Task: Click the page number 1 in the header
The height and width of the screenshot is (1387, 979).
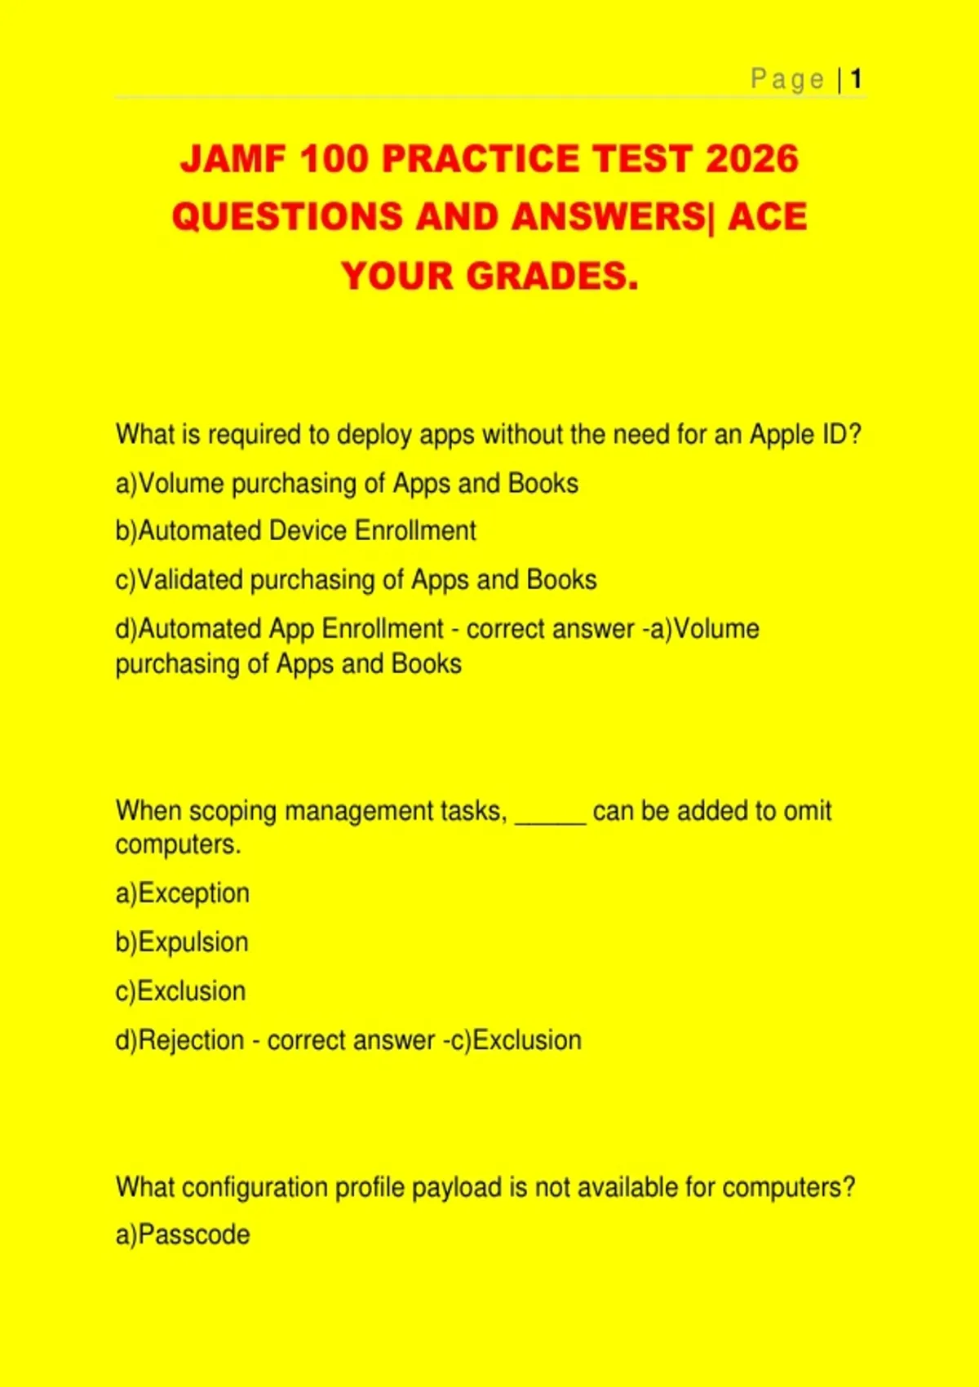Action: [856, 79]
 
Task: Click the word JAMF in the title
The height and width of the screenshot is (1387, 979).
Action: [233, 159]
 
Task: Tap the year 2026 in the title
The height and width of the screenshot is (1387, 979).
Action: [751, 159]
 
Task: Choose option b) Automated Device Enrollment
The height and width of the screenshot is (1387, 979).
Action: [295, 531]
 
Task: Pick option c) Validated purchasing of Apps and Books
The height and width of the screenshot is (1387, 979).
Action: [356, 580]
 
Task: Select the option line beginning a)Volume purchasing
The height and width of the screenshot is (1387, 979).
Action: [347, 483]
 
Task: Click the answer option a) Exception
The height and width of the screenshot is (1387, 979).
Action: [183, 893]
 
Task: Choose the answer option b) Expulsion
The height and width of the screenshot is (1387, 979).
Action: [182, 942]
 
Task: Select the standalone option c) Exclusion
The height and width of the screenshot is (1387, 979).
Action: [180, 991]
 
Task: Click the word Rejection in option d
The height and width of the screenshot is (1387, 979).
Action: [192, 1041]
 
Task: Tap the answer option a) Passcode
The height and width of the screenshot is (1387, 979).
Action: [183, 1234]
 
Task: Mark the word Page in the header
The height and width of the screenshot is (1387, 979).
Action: [787, 79]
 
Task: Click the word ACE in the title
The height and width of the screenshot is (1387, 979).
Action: [767, 217]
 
